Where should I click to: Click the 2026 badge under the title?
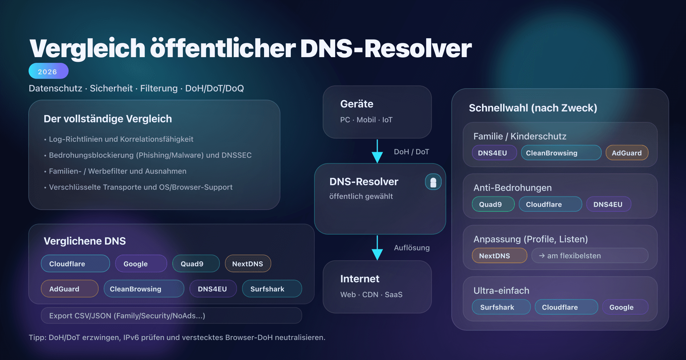pyautogui.click(x=48, y=71)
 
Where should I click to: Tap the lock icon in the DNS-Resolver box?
pyautogui.click(x=433, y=182)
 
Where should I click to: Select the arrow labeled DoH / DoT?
pyautogui.click(x=377, y=151)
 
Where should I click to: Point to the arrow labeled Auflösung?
pyautogui.click(x=377, y=247)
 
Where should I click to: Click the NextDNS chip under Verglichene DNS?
pyautogui.click(x=248, y=264)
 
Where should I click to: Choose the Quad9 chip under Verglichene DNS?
pyautogui.click(x=195, y=264)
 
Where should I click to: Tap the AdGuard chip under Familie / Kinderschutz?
pyautogui.click(x=627, y=153)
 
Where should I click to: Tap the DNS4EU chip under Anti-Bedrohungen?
pyautogui.click(x=608, y=204)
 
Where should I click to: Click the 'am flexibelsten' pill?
pyautogui.click(x=590, y=256)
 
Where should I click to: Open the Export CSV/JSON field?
pyautogui.click(x=171, y=316)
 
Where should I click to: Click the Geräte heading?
pyautogui.click(x=357, y=104)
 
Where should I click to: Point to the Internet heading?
pyautogui.click(x=359, y=279)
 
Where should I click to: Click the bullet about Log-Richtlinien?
pyautogui.click(x=121, y=139)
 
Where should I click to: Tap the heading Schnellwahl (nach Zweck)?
pyautogui.click(x=533, y=108)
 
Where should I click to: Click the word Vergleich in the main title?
pyautogui.click(x=87, y=49)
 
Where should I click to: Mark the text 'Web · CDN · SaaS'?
pyautogui.click(x=371, y=295)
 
